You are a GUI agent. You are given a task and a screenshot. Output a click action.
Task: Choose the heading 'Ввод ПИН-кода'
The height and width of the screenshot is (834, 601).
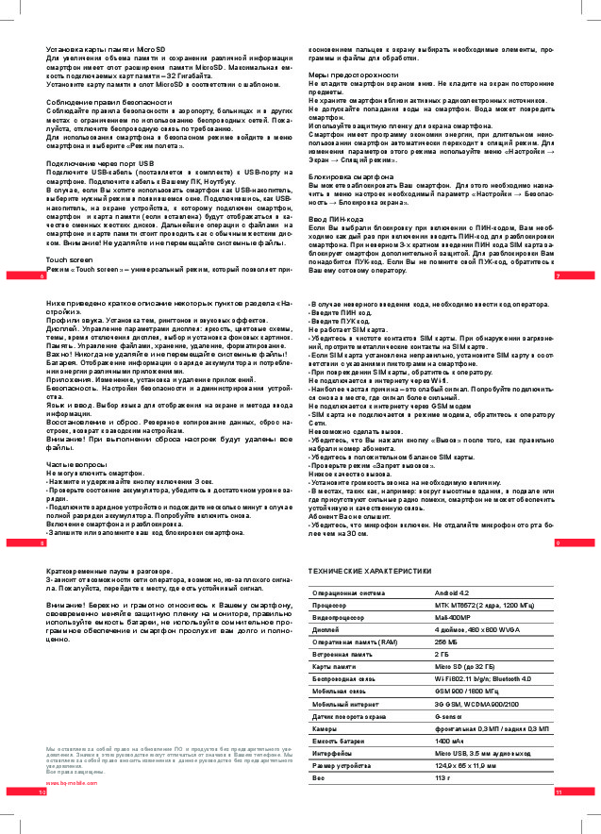click(x=339, y=219)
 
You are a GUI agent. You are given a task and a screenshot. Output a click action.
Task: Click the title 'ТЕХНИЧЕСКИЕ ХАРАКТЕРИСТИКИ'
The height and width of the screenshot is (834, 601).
click(x=370, y=572)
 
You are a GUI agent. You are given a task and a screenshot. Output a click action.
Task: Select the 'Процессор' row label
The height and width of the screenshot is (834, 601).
click(x=330, y=605)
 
